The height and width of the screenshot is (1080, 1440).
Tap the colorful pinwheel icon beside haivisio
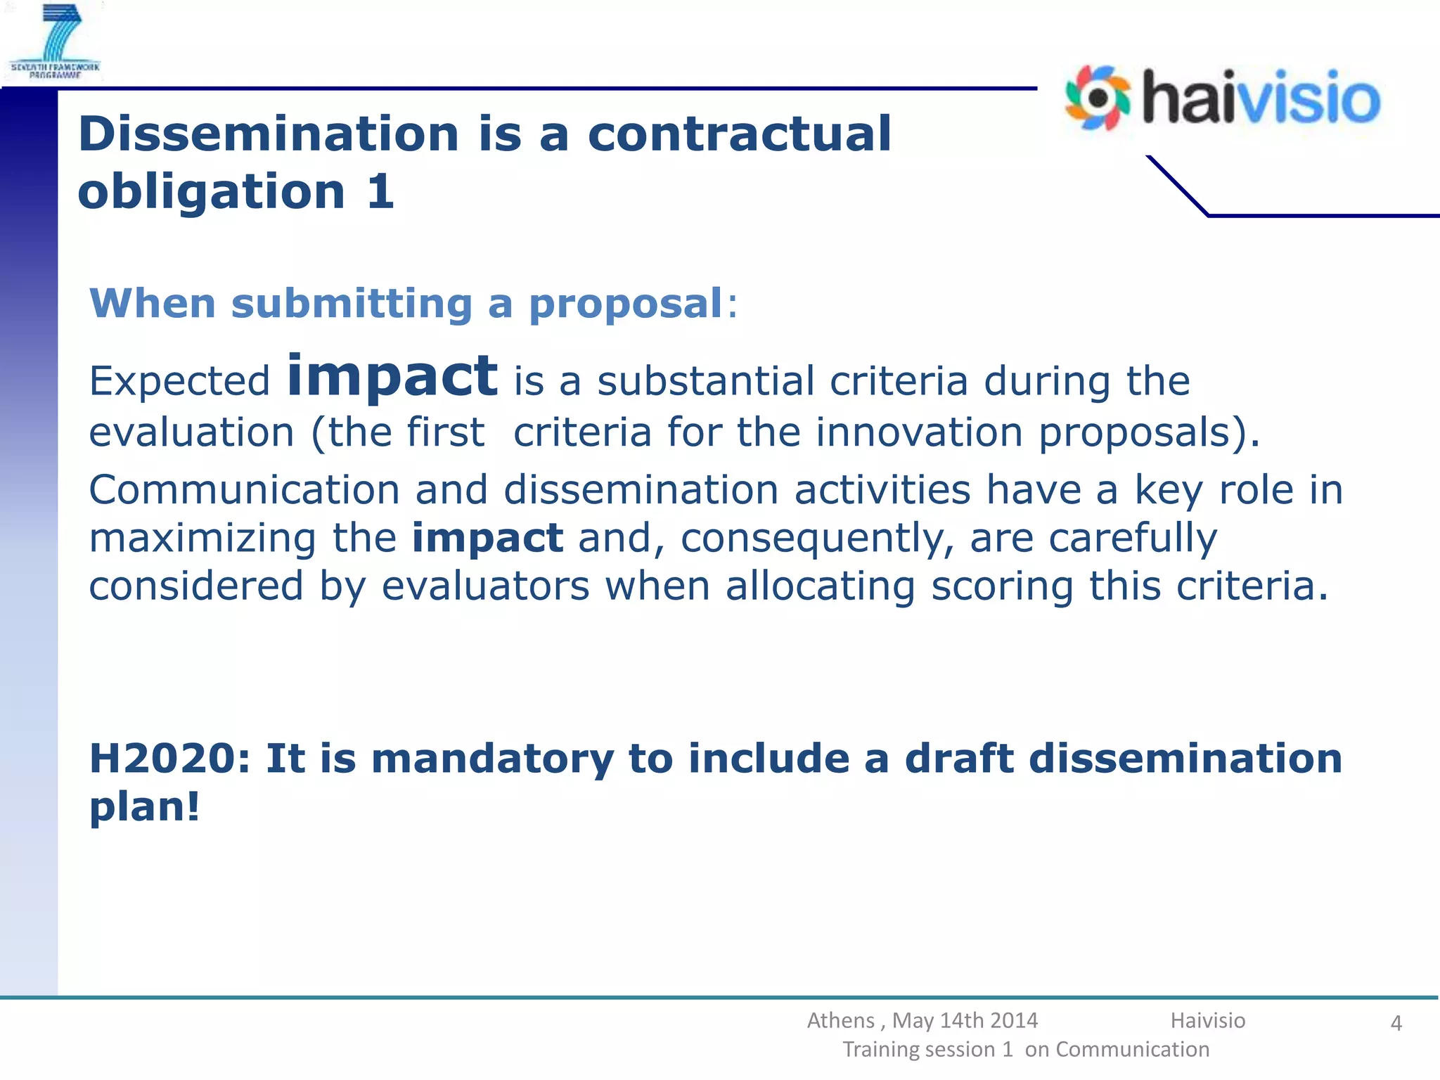(x=1098, y=98)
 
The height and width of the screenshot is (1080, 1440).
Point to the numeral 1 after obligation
(x=380, y=191)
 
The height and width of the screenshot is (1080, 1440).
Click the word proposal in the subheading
(x=626, y=304)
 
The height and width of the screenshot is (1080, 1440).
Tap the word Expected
(x=179, y=382)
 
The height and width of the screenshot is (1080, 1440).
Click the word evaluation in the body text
(x=191, y=432)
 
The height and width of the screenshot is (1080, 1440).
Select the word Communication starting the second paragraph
(x=244, y=489)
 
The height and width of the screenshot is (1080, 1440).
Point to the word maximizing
(x=202, y=538)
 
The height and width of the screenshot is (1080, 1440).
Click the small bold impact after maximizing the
(x=487, y=538)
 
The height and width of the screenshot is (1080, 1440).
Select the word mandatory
(x=492, y=759)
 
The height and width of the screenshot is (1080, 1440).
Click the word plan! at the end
(x=145, y=806)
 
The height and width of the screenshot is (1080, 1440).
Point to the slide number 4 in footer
(x=1396, y=1023)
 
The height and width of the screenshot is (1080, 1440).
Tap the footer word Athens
(x=841, y=1020)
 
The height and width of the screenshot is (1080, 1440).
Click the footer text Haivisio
(x=1207, y=1020)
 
